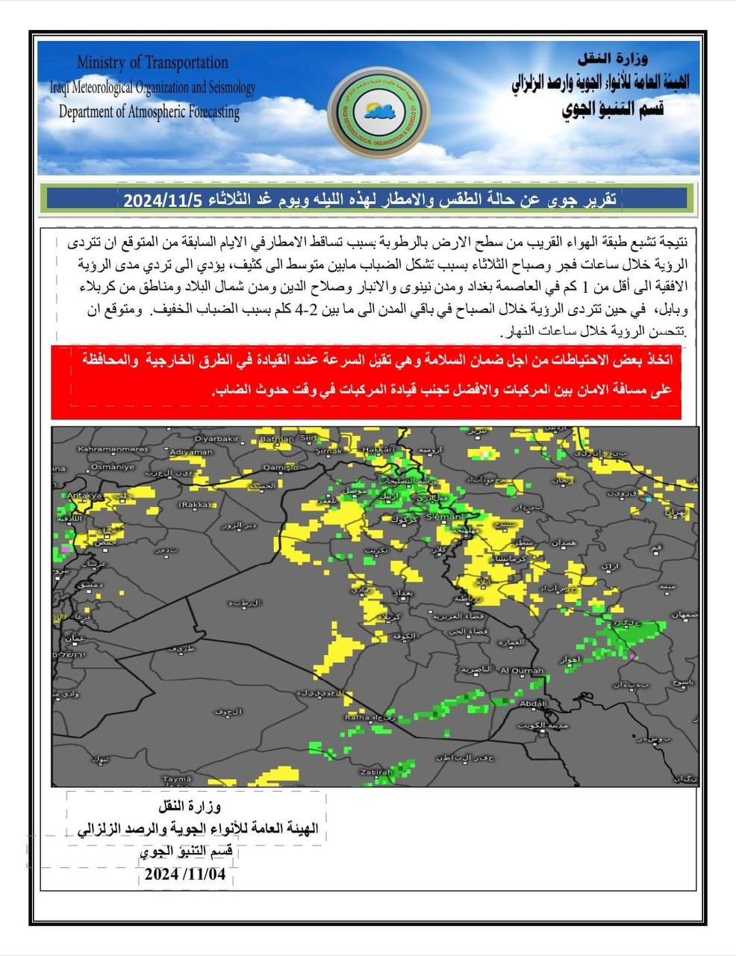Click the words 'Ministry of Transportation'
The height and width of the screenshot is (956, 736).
[152, 63]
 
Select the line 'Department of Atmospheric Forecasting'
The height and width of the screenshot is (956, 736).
[149, 112]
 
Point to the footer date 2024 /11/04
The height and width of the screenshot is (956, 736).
[185, 874]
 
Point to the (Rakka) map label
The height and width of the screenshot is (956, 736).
[195, 505]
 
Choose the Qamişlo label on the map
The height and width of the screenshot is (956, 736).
[281, 467]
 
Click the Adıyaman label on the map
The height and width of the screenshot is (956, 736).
[191, 452]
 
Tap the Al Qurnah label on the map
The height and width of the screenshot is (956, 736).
[522, 671]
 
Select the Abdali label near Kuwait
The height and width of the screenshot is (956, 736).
[533, 704]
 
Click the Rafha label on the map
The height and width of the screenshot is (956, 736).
[357, 717]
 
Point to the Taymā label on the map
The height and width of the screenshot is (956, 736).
[177, 778]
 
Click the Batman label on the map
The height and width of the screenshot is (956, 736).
[276, 440]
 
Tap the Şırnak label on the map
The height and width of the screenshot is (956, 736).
[329, 451]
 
